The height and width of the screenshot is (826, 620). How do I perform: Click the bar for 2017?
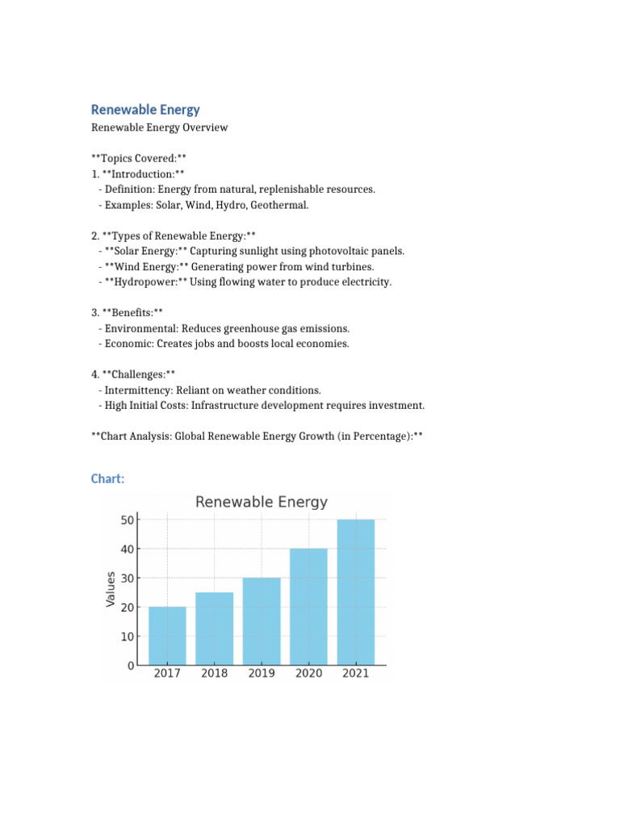[x=167, y=636]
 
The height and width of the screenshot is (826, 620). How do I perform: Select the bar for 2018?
[x=214, y=628]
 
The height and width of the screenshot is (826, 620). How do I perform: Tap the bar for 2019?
[x=261, y=621]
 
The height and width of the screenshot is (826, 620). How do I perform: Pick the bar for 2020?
[x=308, y=607]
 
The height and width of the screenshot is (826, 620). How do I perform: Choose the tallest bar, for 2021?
[x=355, y=592]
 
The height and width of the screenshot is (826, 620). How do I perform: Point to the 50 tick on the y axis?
[x=128, y=519]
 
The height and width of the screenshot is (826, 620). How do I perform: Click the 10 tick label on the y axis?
[x=128, y=636]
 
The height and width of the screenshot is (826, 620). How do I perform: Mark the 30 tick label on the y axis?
[x=128, y=578]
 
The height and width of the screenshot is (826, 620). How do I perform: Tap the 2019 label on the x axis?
[x=261, y=674]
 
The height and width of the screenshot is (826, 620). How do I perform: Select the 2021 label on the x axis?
[x=355, y=674]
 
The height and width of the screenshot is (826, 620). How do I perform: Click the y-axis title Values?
[x=111, y=589]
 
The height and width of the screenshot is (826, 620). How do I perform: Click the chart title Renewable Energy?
[x=262, y=502]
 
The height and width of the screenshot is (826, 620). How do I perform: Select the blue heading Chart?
[x=107, y=479]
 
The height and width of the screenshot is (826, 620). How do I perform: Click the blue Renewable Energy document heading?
[x=145, y=110]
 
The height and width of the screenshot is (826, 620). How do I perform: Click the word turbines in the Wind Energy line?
[x=353, y=266]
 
